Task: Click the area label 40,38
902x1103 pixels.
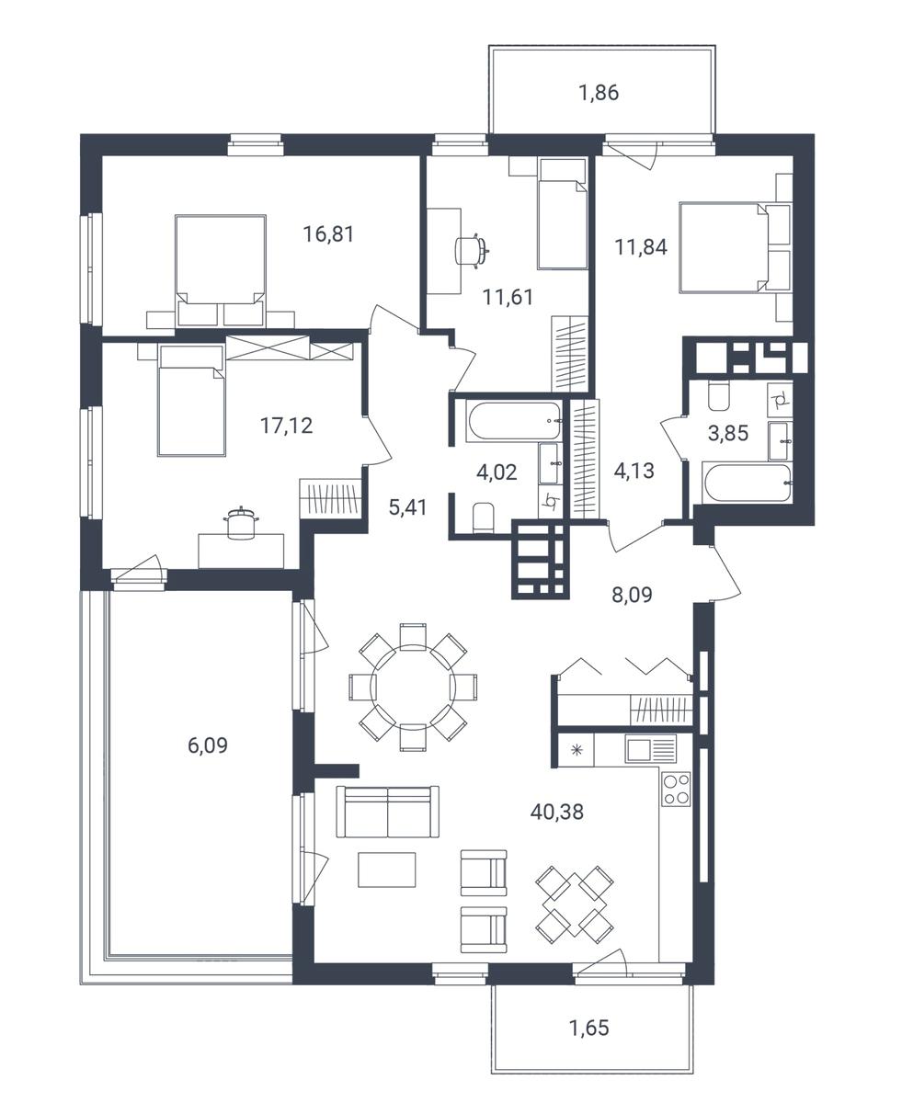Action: click(x=556, y=813)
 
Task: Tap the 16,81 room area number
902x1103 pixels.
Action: click(x=328, y=233)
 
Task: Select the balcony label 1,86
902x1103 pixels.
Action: click(x=599, y=93)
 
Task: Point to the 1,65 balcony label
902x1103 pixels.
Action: click(x=589, y=1028)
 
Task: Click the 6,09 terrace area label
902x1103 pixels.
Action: click(x=208, y=745)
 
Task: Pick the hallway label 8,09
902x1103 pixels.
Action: click(x=632, y=595)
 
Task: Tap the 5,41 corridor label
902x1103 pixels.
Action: click(x=408, y=506)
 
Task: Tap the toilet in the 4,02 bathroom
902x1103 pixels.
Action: click(x=483, y=517)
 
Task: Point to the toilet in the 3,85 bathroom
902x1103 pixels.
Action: click(x=718, y=396)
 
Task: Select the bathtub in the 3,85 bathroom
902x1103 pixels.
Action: click(x=748, y=483)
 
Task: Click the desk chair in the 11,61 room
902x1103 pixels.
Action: click(x=472, y=251)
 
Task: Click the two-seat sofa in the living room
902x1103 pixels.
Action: click(x=388, y=813)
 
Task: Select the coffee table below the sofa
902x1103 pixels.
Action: click(x=387, y=870)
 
